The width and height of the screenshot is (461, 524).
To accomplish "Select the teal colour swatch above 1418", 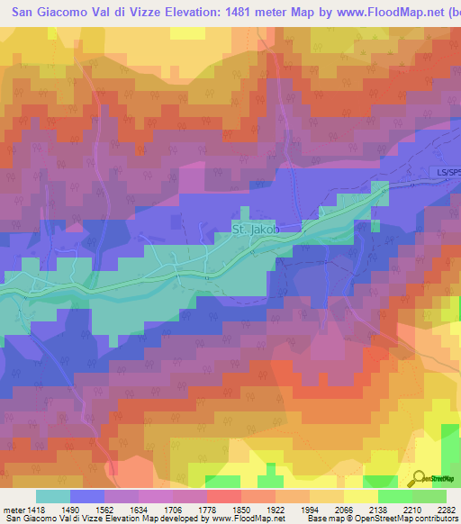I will [x=53, y=496].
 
